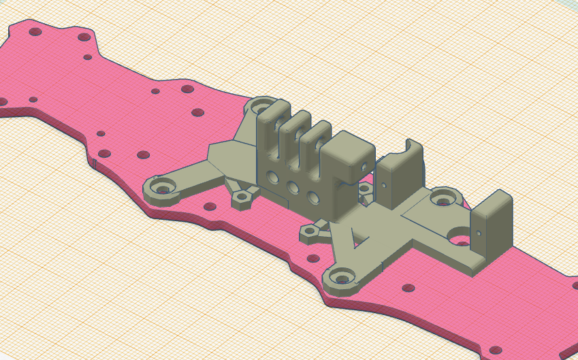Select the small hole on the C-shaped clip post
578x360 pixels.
(x=385, y=184)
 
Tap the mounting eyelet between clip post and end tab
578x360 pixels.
(x=444, y=197)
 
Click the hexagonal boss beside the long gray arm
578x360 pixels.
(x=242, y=198)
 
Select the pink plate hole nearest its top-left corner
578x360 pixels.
(x=35, y=31)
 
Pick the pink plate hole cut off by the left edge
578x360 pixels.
(x=2, y=101)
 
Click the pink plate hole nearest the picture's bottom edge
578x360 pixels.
(x=496, y=351)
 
